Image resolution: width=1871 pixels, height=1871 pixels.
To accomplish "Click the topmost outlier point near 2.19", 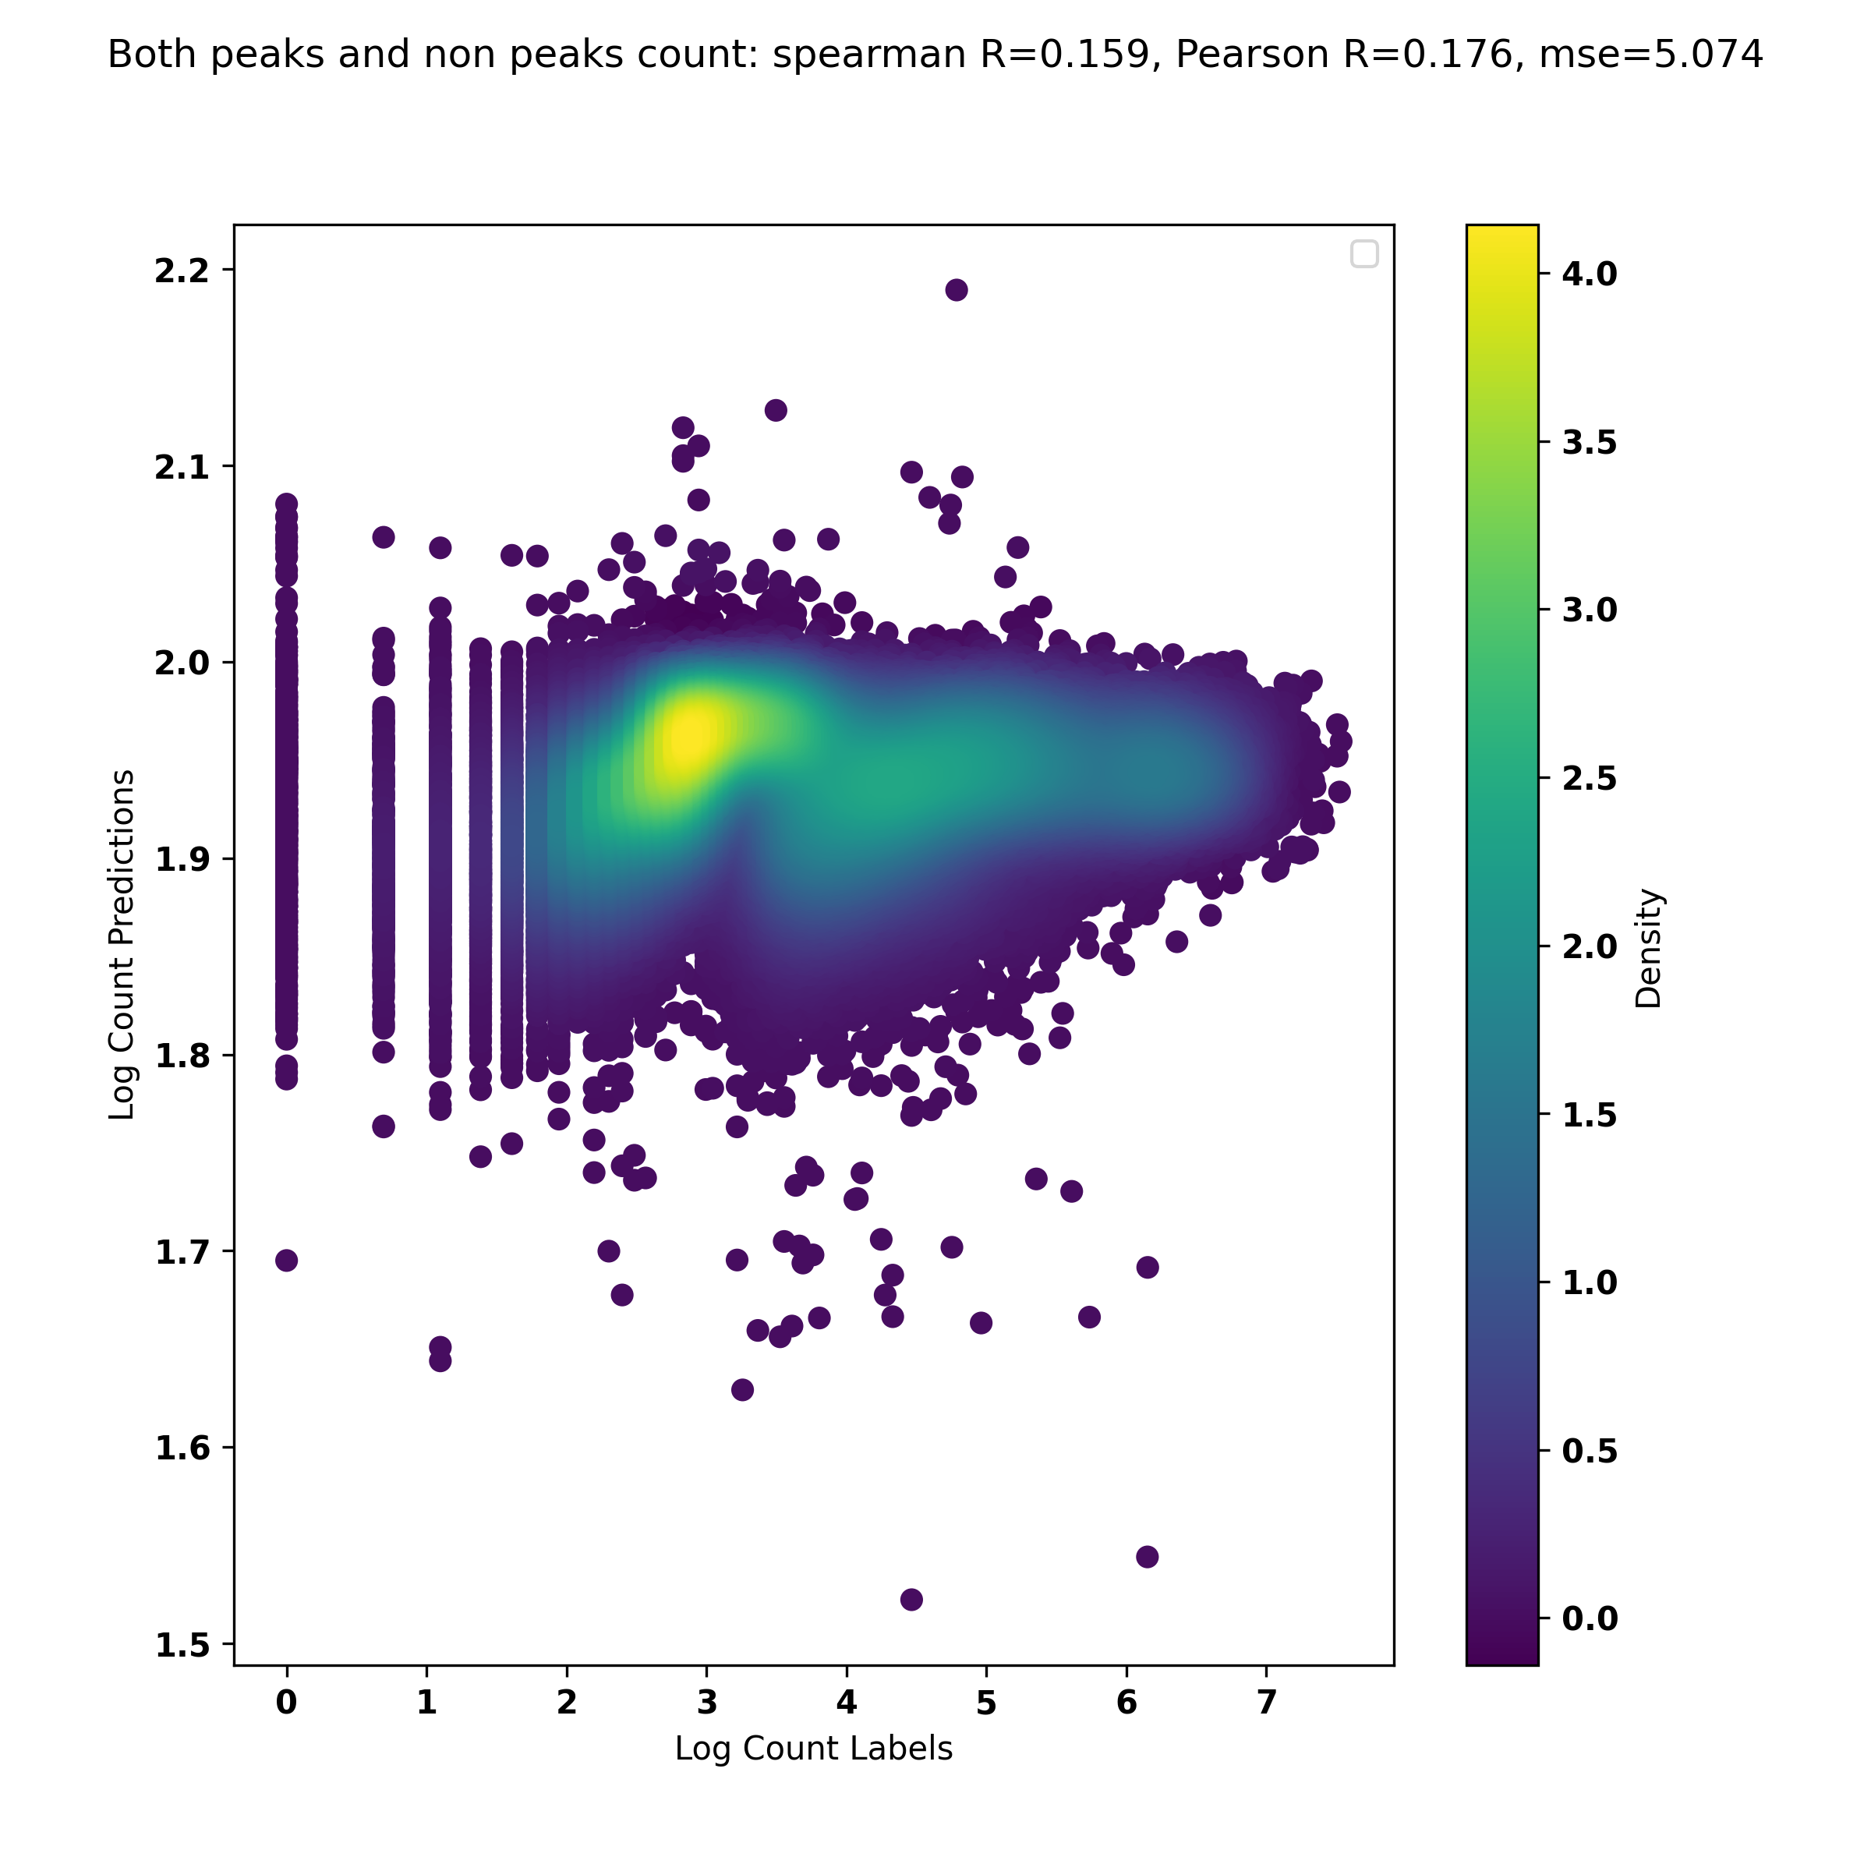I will pos(956,289).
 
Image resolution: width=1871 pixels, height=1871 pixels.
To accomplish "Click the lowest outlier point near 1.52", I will pos(911,1599).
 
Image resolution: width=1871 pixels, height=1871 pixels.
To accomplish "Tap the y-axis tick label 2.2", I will pos(182,271).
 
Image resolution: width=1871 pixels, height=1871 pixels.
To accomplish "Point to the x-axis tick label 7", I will pos(1266,1702).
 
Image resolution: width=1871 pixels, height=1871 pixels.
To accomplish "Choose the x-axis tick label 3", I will pos(707,1702).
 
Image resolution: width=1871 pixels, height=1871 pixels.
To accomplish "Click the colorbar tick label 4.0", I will pos(1590,274).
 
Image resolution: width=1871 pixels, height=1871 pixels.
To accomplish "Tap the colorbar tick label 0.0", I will pos(1590,1618).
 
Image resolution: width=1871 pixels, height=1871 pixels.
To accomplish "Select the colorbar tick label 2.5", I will pos(1590,779).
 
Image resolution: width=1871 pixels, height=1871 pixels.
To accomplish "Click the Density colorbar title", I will pos(1647,948).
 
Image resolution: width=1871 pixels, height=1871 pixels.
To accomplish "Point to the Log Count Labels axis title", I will pos(813,1748).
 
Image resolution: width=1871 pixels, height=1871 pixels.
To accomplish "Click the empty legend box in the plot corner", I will pos(1363,253).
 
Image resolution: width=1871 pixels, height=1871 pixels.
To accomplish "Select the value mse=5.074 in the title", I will pos(1650,55).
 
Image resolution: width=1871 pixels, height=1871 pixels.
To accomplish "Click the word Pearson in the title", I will pos(1251,55).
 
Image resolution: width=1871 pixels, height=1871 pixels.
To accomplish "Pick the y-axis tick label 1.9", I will pos(182,860).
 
